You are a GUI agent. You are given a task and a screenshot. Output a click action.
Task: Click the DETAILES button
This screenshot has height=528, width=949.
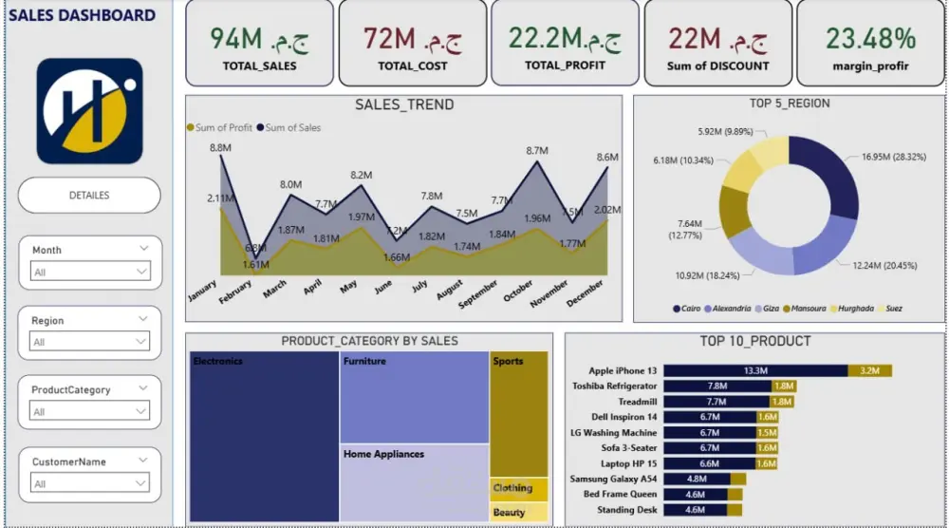89,195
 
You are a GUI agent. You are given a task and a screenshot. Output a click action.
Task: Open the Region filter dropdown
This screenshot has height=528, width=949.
90,342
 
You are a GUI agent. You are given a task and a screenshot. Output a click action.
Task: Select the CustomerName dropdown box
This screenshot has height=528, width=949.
90,484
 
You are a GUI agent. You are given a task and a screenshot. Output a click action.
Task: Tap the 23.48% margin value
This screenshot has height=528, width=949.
870,39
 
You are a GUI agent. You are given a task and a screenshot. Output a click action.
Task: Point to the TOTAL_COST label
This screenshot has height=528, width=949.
412,66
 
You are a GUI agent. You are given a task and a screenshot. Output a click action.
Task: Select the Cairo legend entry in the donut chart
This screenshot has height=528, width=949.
692,309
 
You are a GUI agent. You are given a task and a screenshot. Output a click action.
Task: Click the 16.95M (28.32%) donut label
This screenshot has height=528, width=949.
894,157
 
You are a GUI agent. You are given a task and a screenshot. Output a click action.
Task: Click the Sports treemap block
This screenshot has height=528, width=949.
519,413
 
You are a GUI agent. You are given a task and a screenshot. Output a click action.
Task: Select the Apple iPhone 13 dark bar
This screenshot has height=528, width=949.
755,370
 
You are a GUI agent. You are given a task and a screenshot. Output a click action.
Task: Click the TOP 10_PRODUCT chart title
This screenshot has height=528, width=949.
754,341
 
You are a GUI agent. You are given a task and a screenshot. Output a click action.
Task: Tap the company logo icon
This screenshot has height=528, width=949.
89,110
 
